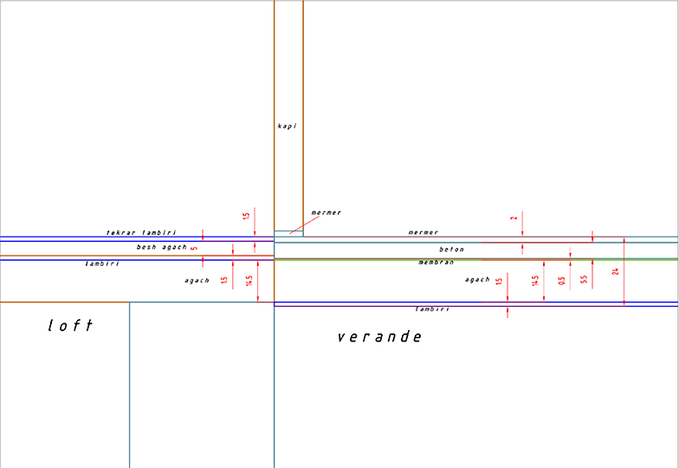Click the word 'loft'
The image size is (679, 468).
coord(70,326)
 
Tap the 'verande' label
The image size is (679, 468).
coord(379,336)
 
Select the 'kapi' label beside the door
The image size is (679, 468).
coord(287,126)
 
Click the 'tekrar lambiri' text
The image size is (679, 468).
coord(140,233)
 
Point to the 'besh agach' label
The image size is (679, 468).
coord(161,247)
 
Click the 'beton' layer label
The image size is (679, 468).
coord(451,250)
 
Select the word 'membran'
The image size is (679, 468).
coord(436,262)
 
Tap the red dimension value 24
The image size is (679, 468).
coord(616,271)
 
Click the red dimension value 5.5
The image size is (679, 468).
coord(584,280)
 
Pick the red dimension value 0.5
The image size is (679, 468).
coord(562,280)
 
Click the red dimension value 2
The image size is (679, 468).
coord(514,218)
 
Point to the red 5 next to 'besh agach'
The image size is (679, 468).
coord(193,249)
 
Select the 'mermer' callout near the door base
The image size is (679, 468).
coord(326,212)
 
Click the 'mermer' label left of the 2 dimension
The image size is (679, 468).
coord(423,232)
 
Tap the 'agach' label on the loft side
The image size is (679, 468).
coord(197,281)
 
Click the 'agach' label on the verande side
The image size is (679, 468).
coord(477,280)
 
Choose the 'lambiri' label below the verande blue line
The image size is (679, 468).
coord(431,309)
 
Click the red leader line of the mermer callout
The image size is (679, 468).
coord(297,228)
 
